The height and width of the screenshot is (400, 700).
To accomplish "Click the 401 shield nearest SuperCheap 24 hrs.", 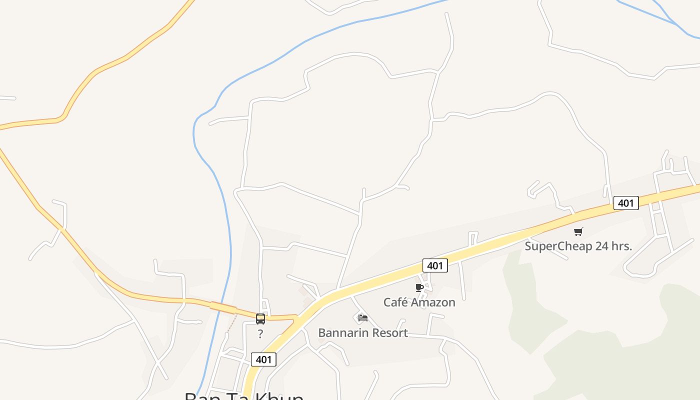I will click(626, 203).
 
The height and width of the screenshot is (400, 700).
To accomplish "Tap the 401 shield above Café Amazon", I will click(435, 265).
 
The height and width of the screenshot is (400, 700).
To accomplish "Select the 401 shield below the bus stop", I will click(263, 359).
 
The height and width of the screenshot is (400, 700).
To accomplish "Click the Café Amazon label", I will click(419, 302).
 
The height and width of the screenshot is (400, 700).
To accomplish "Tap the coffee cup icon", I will click(419, 287).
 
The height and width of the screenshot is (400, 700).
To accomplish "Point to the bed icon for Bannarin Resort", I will click(363, 317).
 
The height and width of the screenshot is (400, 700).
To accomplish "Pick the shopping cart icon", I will click(578, 231).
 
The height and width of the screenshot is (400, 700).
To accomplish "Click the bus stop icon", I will click(260, 319).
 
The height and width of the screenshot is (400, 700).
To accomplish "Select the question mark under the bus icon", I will click(260, 334).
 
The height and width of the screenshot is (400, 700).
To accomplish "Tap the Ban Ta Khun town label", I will click(244, 396).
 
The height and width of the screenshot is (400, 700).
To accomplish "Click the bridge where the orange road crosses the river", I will click(223, 307).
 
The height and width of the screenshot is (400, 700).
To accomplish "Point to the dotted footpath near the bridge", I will click(231, 322).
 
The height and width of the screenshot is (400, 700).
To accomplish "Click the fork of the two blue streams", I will click(676, 23).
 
